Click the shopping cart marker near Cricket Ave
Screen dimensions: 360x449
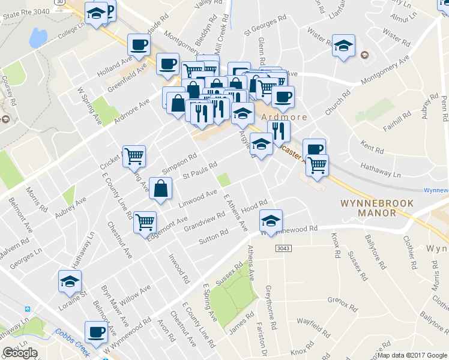[x=134, y=156]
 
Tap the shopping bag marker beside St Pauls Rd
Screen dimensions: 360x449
[x=160, y=188]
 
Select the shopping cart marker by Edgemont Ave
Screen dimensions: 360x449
[x=145, y=221]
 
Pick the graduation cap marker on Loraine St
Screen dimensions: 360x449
[x=70, y=280]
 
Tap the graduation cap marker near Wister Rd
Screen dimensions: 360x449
[x=343, y=46]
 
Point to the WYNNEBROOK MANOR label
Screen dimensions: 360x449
[x=377, y=208]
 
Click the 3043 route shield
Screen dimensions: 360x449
[x=283, y=248]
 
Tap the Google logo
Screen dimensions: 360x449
[x=20, y=353]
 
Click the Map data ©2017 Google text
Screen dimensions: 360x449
[x=412, y=355]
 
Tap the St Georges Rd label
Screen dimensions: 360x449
[x=264, y=26]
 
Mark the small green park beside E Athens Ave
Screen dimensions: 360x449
[x=224, y=179]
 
